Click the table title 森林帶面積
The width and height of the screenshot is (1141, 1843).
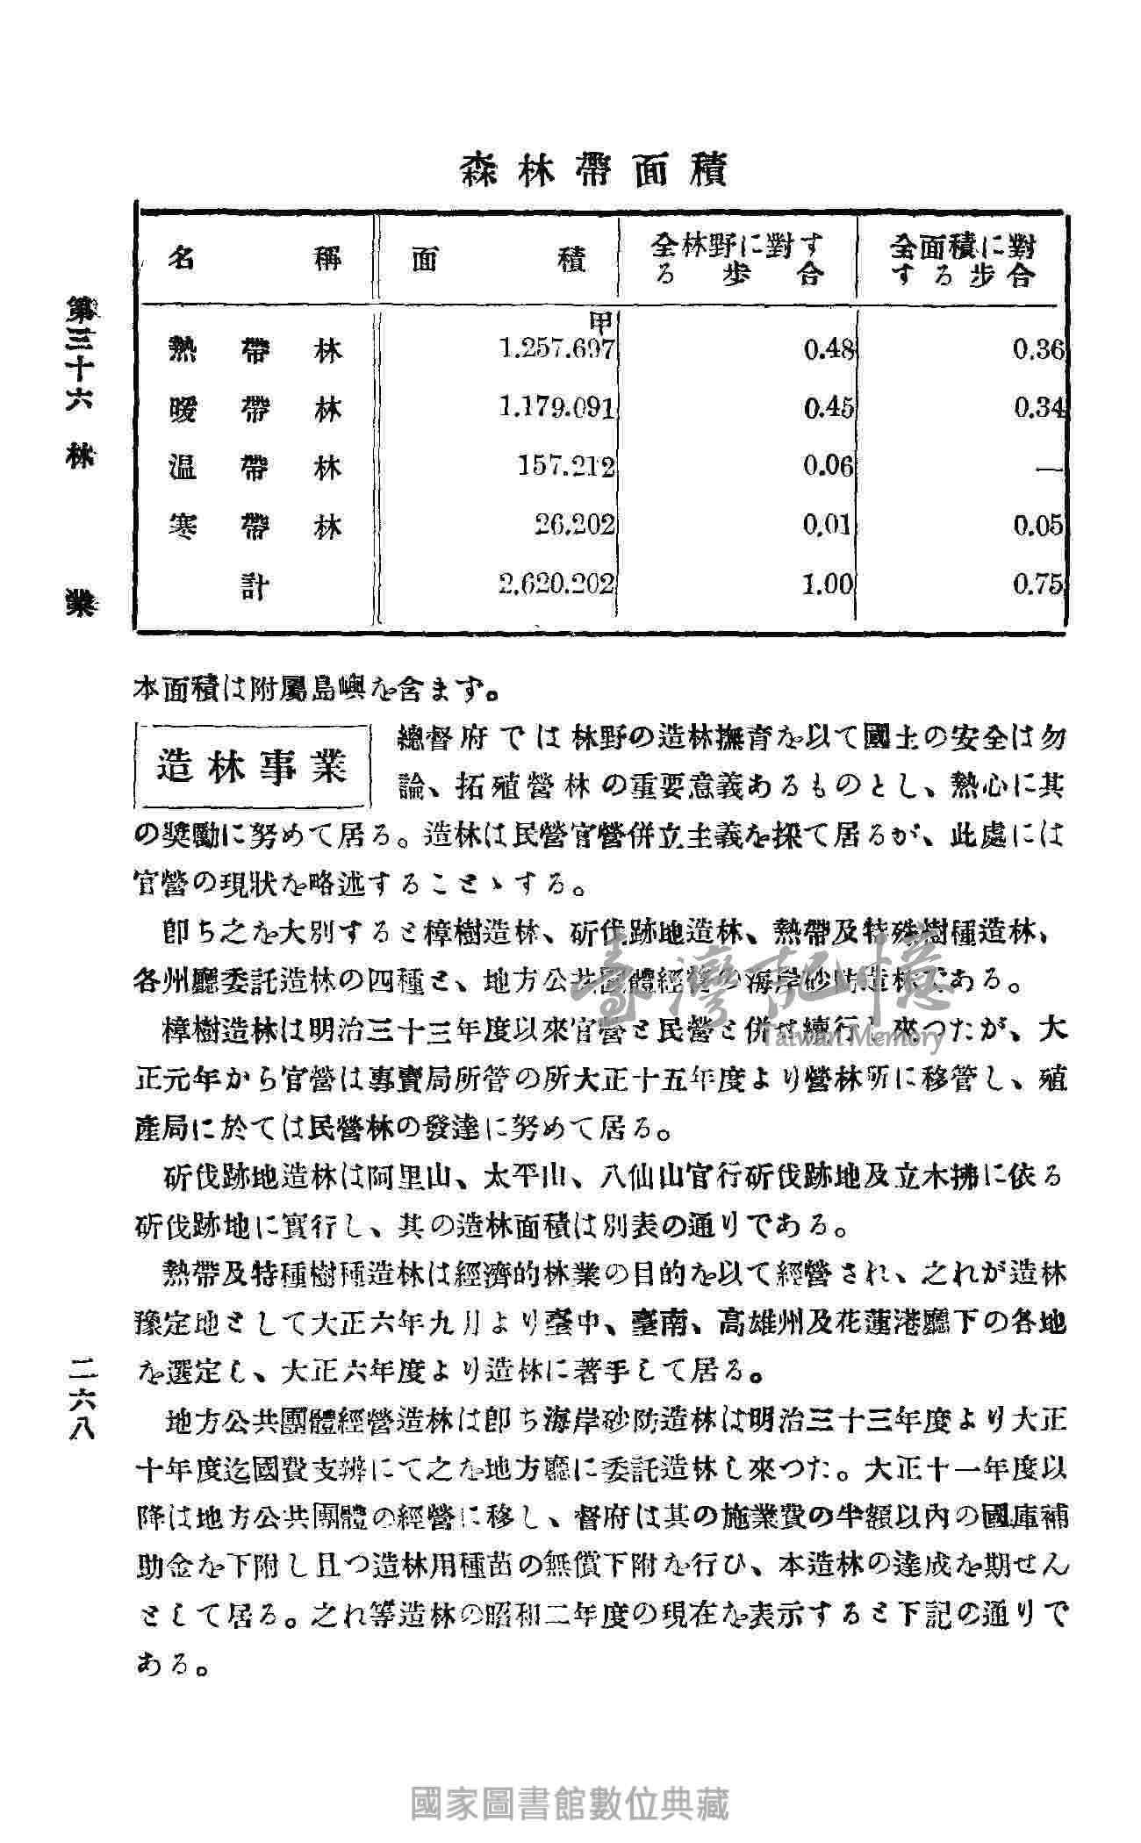(x=594, y=170)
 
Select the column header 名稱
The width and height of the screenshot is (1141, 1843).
(x=255, y=261)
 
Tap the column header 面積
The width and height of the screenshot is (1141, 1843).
(x=498, y=261)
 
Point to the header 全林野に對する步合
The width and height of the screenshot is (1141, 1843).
(x=738, y=260)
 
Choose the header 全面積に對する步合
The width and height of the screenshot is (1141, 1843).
(x=961, y=260)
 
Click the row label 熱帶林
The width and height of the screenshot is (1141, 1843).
(x=255, y=351)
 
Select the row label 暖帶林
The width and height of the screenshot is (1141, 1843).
(x=255, y=409)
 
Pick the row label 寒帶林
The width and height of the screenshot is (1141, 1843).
(x=255, y=526)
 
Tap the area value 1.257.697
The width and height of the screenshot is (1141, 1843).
(x=556, y=351)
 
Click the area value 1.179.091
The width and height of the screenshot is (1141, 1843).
(x=556, y=408)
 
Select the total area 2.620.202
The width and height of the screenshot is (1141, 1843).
(x=556, y=584)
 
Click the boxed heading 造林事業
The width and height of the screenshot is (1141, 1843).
(x=253, y=765)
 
